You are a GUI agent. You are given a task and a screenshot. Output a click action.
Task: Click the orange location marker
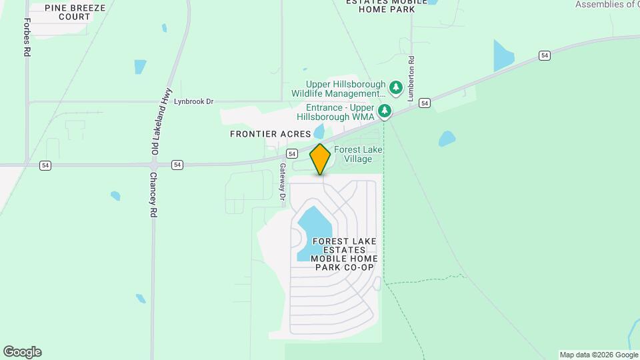[321, 159]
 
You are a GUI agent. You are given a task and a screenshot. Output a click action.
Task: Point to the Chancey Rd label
[153, 194]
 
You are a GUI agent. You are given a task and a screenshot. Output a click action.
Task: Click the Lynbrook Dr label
[193, 102]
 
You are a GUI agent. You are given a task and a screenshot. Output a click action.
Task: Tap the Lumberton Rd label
[411, 79]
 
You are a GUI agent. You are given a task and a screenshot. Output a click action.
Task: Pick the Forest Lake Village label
[358, 154]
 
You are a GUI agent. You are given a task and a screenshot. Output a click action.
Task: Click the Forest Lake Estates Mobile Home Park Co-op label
[344, 254]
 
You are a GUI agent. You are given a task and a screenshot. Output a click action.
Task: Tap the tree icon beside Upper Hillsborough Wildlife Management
[396, 87]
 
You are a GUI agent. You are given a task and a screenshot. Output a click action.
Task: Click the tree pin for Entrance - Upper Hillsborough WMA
[385, 111]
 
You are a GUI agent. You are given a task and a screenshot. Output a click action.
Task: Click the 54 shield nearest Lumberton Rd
[425, 103]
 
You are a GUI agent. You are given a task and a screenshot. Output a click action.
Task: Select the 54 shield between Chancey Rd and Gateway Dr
[177, 165]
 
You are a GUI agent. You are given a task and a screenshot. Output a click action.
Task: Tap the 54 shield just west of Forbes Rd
[45, 165]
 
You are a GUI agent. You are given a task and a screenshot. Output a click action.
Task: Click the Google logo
[22, 352]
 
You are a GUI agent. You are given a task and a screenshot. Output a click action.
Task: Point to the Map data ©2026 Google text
[598, 355]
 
